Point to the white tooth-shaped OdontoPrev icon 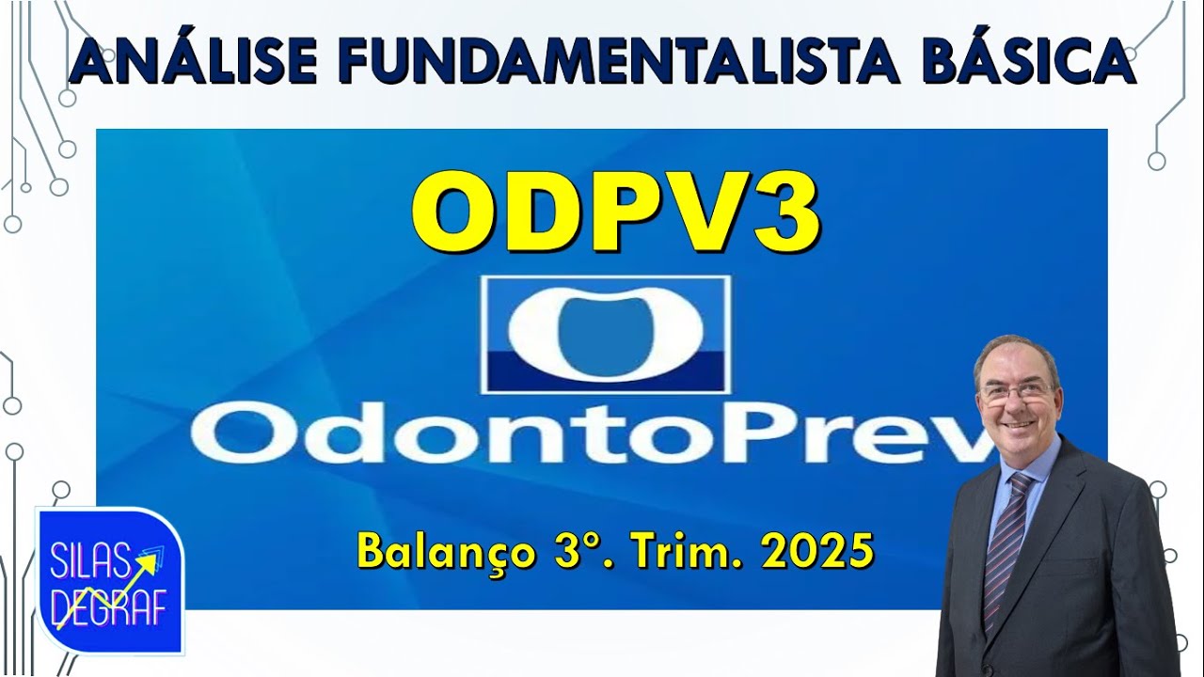(605, 334)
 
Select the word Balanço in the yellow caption (441, 552)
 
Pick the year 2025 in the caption (817, 552)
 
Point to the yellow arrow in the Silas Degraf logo (103, 588)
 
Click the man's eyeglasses (1017, 391)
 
